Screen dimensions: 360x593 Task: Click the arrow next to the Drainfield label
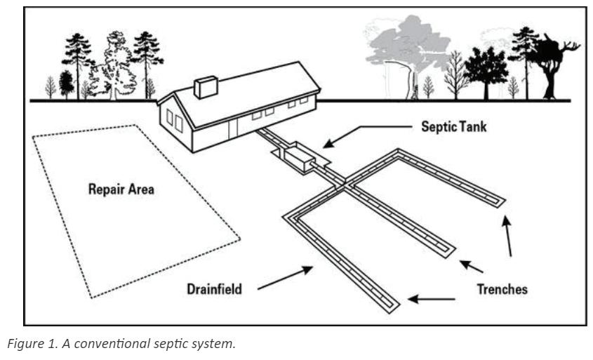(286, 277)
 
